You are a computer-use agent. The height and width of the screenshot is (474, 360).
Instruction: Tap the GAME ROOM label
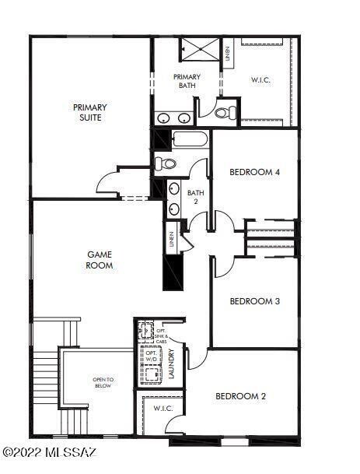(100, 259)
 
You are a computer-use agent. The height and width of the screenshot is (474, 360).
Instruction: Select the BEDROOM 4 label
(254, 172)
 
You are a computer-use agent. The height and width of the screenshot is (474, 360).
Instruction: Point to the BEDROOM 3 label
(254, 300)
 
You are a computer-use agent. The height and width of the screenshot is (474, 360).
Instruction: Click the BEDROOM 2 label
(240, 396)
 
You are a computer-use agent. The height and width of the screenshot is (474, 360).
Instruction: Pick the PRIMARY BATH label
(187, 81)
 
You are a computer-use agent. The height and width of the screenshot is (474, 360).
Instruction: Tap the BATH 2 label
(195, 198)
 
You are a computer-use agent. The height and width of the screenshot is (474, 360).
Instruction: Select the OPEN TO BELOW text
(103, 383)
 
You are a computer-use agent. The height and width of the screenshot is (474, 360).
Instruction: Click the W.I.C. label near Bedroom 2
(163, 408)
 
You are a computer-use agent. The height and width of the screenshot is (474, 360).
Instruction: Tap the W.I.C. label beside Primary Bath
(260, 79)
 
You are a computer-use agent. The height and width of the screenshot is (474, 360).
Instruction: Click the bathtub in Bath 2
(190, 141)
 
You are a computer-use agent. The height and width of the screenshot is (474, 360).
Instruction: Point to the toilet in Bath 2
(166, 163)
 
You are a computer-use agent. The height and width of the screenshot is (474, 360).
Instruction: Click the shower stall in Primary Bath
(201, 49)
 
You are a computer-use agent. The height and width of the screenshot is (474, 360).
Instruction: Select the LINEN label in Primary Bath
(227, 54)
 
